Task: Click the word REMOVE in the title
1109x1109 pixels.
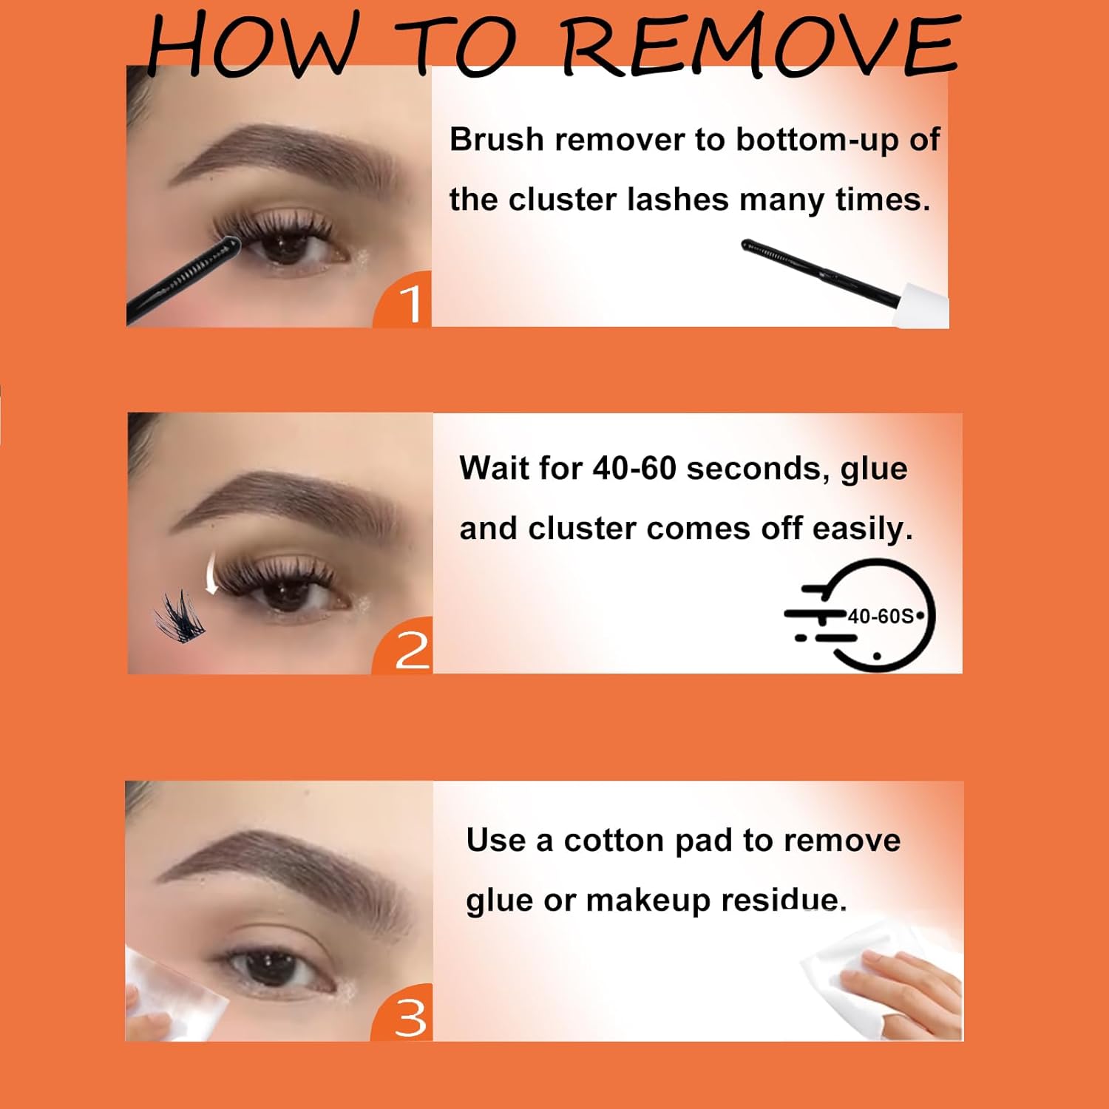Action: click(762, 46)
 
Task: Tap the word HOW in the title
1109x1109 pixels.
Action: click(248, 46)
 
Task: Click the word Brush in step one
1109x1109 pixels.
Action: click(496, 140)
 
